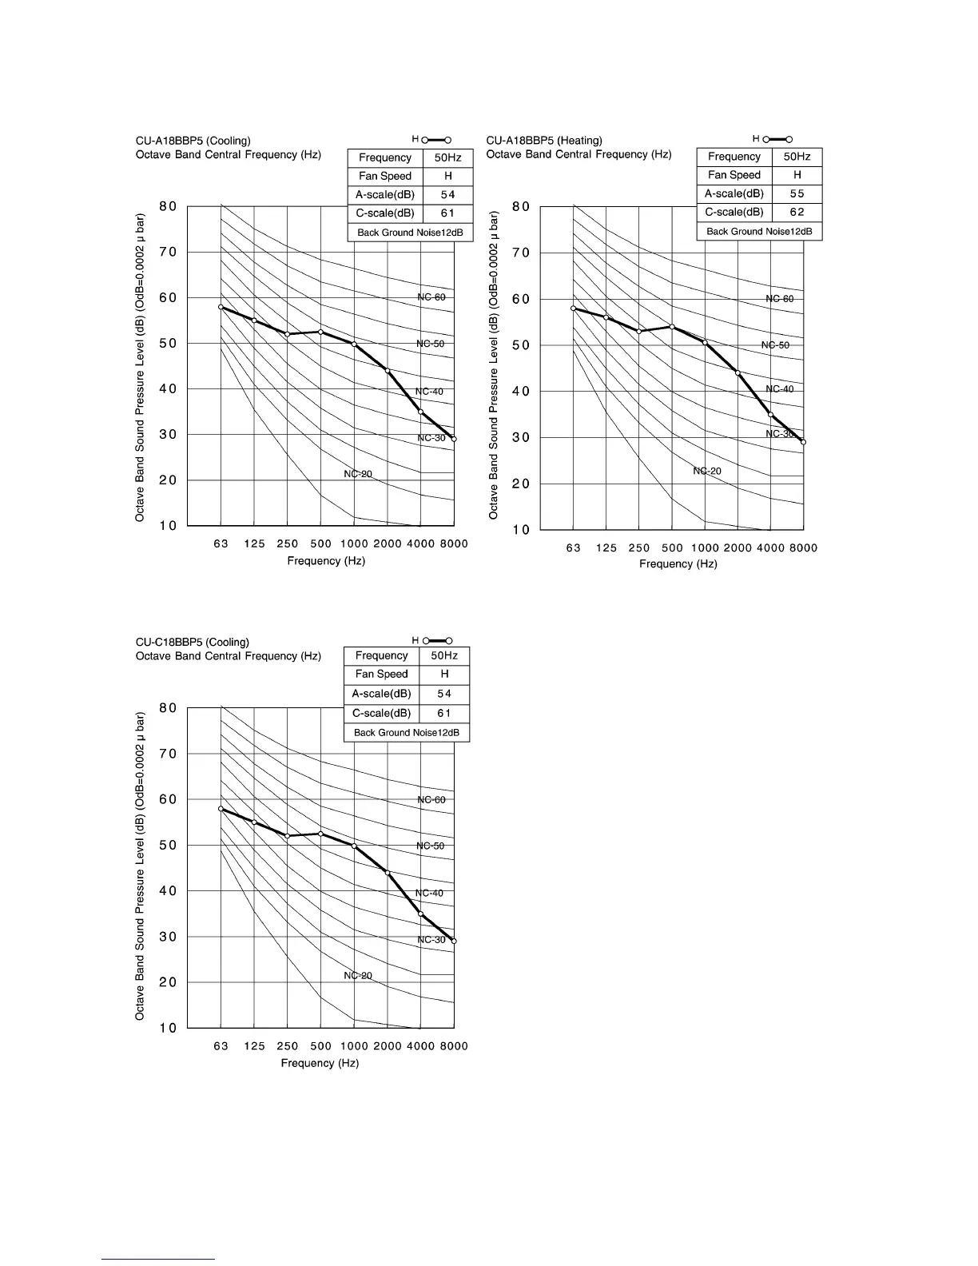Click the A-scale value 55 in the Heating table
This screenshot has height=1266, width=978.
pos(797,193)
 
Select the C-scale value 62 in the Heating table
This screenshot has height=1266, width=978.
pos(797,212)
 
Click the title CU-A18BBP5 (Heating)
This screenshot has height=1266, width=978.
pos(544,141)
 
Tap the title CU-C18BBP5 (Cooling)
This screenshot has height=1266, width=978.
pos(193,642)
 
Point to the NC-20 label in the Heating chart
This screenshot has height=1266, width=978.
pos(707,471)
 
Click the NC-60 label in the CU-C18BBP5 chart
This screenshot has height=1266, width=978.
pos(431,799)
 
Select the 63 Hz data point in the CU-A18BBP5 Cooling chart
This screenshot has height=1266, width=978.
pos(221,307)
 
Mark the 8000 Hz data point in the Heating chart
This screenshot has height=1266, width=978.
pos(803,442)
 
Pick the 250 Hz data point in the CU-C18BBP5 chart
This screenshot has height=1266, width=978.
pos(288,836)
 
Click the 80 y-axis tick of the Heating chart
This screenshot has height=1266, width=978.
pos(521,207)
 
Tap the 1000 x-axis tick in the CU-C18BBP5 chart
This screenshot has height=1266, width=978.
pos(354,1045)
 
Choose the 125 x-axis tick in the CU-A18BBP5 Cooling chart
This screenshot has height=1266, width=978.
pos(254,543)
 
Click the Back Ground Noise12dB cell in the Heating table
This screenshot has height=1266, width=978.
pos(759,231)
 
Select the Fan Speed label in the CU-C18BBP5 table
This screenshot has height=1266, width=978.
pos(382,674)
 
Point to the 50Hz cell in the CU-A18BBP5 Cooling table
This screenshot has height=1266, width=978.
pos(447,157)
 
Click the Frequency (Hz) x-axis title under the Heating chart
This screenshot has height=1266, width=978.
pos(678,563)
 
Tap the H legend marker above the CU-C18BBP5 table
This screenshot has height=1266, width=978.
pos(437,640)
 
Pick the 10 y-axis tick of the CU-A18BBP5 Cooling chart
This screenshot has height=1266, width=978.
pos(168,526)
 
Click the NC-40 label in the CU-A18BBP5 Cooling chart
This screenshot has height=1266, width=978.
pos(429,392)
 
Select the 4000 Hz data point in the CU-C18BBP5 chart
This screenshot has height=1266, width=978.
pos(420,914)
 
